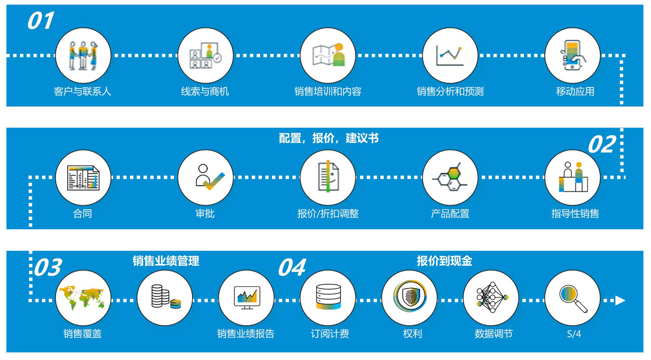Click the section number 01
pos(41,21)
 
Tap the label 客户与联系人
pos(83,92)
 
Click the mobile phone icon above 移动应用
pos(573,55)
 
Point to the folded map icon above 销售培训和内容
pos(328,55)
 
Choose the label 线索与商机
pos(205,92)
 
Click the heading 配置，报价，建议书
pos(329,138)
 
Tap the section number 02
pos(601,144)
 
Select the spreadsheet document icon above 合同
pos(83,177)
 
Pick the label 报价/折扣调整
pos(328,214)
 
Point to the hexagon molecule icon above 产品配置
pos(450,177)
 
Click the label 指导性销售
pos(575,214)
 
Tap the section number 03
pos(48,267)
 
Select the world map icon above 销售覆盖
pos(83,298)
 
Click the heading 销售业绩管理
pos(166,261)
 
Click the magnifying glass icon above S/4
pos(573,299)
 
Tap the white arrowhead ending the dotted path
pos(620,300)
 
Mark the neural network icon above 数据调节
pos(492,297)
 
